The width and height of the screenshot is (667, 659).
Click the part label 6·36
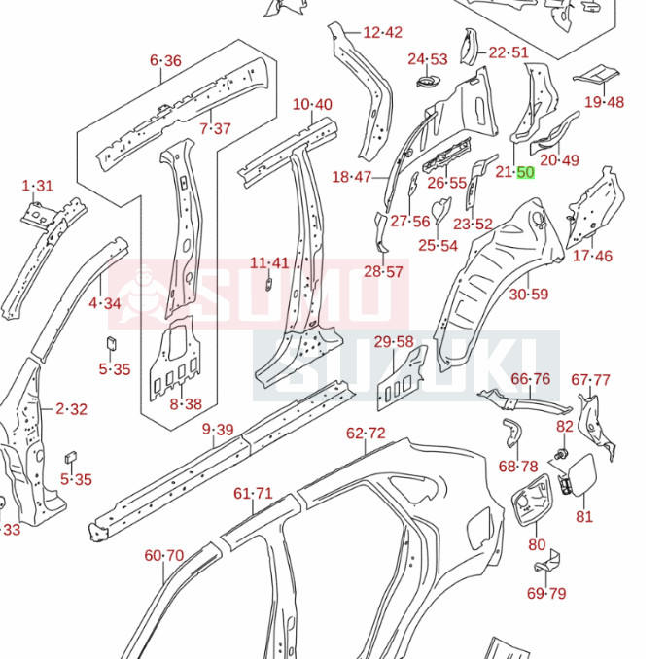pos(165,60)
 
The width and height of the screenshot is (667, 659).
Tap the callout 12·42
pos(382,32)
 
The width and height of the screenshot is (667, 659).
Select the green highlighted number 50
pos(525,173)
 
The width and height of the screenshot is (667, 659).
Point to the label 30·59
pos(529,295)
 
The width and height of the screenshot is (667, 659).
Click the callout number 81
pos(583,516)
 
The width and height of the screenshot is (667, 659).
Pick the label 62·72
pos(366,433)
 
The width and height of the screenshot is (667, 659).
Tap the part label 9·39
pos(218,430)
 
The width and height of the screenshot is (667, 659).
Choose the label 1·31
pos(37,186)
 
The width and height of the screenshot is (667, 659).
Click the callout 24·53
pos(428,59)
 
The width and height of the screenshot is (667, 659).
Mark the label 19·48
pos(605,102)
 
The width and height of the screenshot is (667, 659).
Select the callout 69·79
pos(545,593)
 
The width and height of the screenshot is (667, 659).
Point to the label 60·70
pos(163,556)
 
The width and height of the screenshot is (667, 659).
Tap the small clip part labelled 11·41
pos(268,283)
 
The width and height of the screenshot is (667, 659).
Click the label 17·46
pos(593,256)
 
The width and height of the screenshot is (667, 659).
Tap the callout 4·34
pos(105,303)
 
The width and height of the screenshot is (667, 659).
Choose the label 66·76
pos(531,379)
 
